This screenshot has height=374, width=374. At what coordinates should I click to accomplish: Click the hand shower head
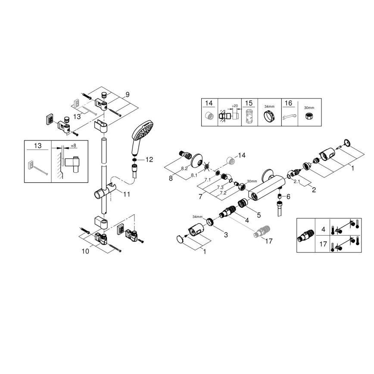coord(142,131)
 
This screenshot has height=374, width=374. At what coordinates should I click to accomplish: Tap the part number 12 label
coord(149,159)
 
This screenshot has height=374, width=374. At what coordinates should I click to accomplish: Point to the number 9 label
coord(128,94)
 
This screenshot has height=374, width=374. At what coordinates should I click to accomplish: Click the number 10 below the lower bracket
coord(85,251)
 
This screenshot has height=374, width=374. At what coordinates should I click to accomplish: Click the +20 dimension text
coord(235,105)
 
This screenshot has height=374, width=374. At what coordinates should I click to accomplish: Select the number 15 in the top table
coord(249,103)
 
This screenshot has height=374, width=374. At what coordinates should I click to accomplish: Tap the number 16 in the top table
coord(289,103)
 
